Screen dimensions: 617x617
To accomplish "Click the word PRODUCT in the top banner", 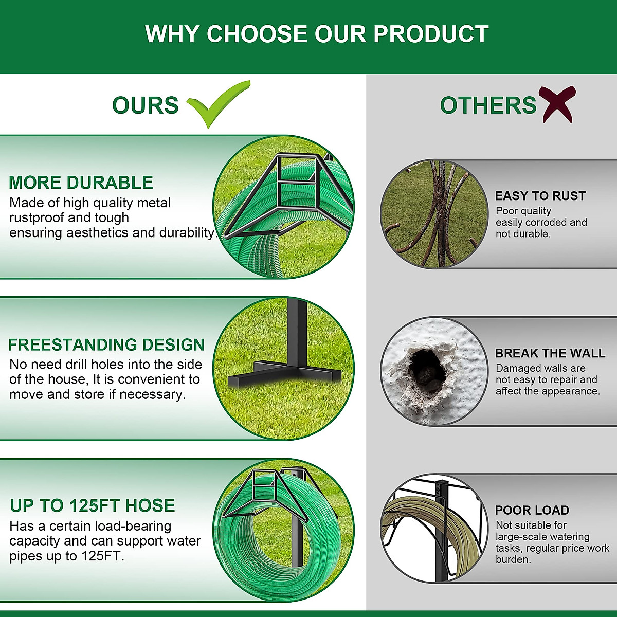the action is pyautogui.click(x=431, y=34).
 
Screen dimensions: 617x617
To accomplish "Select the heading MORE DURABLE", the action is pyautogui.click(x=81, y=183).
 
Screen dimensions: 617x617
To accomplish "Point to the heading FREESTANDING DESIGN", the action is pyautogui.click(x=106, y=345).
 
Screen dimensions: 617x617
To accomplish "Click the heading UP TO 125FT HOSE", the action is pyautogui.click(x=92, y=505).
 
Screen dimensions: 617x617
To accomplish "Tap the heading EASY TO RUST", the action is pyautogui.click(x=540, y=196).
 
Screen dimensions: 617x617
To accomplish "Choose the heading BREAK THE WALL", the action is pyautogui.click(x=550, y=353).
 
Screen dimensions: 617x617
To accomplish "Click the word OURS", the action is pyautogui.click(x=146, y=105).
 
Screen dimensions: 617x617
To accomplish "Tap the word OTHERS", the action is pyautogui.click(x=488, y=105).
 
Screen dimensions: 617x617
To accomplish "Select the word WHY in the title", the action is pyautogui.click(x=172, y=34).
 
